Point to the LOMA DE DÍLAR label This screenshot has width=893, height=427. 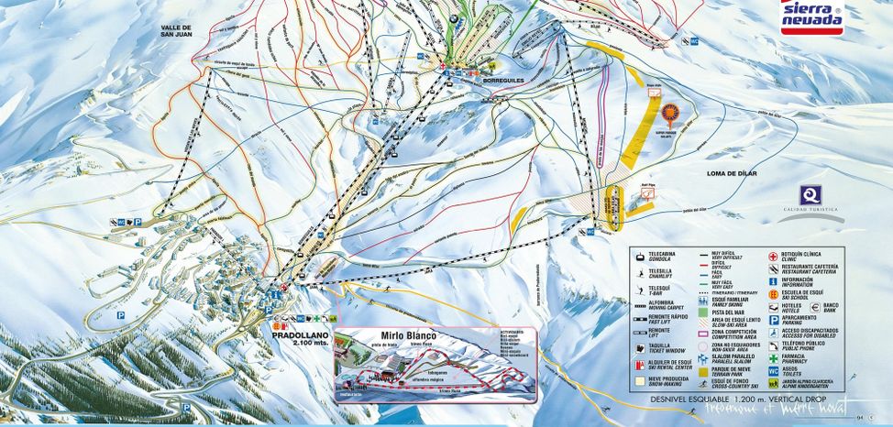734,173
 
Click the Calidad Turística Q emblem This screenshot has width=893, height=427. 811,195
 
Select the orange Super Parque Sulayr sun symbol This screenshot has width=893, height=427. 671,115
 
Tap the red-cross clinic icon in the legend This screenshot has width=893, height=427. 773,256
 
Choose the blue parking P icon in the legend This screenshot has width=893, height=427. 773,321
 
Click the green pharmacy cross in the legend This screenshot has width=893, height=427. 773,358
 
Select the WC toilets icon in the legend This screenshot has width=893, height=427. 773,372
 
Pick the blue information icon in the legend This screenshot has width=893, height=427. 773,281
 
